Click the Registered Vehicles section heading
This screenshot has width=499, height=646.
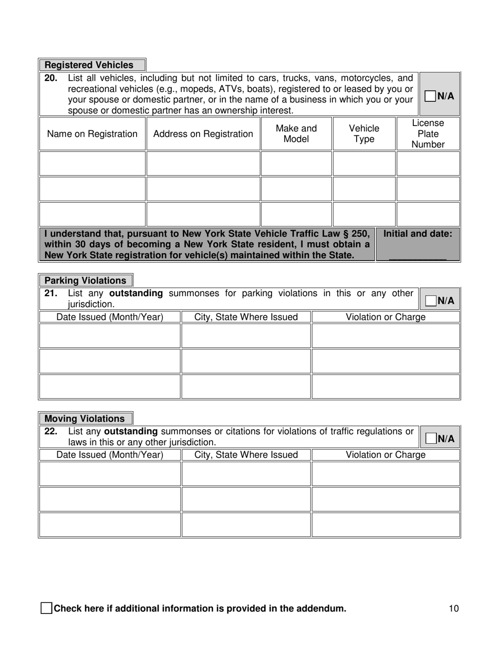[89, 65]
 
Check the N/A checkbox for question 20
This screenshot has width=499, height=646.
[430, 96]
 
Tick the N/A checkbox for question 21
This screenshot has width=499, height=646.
[430, 300]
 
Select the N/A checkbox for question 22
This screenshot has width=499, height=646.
[430, 439]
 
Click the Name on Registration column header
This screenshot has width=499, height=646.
[92, 134]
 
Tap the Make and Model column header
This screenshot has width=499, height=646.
[296, 134]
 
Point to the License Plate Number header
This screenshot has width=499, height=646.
[428, 134]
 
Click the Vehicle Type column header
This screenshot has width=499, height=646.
[364, 134]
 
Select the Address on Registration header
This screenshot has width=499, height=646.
[203, 134]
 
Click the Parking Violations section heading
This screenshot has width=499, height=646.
[86, 280]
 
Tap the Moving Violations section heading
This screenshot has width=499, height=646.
[85, 419]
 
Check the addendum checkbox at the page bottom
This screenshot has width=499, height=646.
[46, 609]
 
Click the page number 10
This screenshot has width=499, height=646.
[454, 609]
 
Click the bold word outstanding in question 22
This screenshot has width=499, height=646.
[134, 432]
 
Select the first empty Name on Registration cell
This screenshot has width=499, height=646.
[92, 163]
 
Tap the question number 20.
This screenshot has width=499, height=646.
[50, 78]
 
